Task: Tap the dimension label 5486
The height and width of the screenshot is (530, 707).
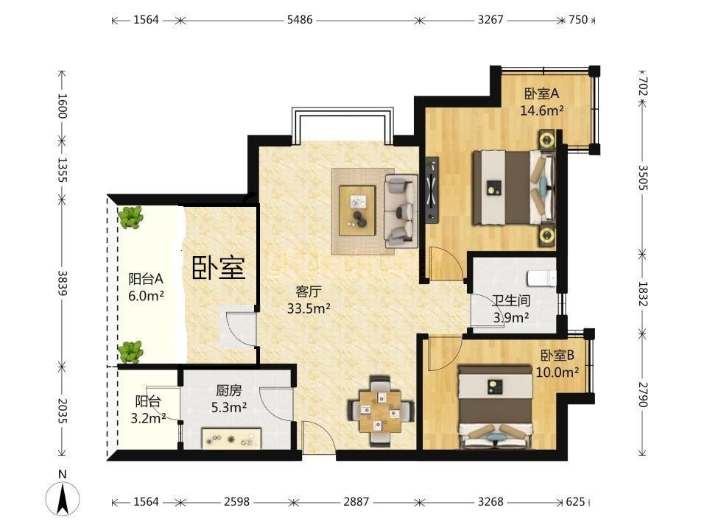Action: point(300,20)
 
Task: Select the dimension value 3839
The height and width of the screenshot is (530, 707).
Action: point(63,283)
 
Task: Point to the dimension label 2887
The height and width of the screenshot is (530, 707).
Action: point(356,501)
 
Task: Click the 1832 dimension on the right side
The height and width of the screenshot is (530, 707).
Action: point(643,294)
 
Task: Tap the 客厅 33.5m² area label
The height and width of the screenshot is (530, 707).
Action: point(309,300)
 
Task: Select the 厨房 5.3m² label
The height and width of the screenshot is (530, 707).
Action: point(229,399)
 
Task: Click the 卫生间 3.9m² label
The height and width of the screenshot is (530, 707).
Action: point(511,309)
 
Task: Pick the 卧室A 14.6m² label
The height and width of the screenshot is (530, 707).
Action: point(542,102)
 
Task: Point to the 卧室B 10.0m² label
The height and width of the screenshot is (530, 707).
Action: point(557,364)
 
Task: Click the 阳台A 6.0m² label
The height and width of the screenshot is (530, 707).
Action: point(146,287)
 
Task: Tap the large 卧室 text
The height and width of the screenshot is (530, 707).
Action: point(219,268)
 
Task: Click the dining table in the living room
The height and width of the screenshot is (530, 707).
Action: point(381,411)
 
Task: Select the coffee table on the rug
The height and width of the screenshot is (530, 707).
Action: point(357,211)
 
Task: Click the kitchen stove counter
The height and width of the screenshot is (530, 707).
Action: point(231,439)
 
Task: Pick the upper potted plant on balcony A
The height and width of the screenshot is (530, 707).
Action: point(130,217)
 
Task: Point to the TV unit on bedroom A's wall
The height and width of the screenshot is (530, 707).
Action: point(432,190)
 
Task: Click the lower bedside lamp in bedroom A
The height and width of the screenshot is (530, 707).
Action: point(547,234)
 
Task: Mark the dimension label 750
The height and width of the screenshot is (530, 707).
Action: point(578,20)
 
